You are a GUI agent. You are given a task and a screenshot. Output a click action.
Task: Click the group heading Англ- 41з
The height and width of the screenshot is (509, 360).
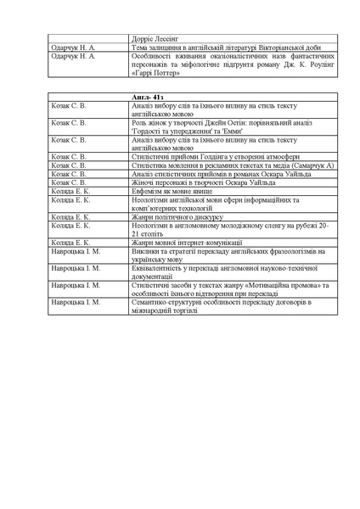(149, 98)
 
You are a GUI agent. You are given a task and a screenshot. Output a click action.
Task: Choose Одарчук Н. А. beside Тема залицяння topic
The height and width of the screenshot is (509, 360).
(73, 48)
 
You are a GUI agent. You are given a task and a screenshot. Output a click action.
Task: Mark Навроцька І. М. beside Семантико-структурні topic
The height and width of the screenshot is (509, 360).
(76, 301)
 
